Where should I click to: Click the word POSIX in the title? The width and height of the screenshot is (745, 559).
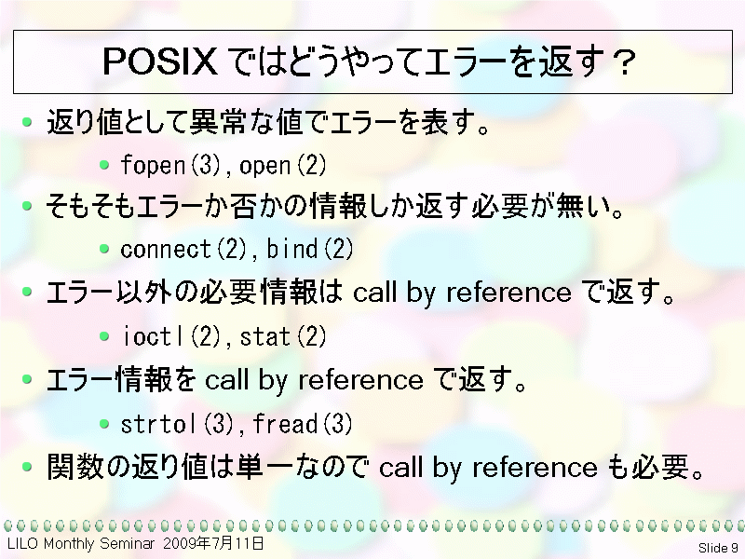[x=159, y=61]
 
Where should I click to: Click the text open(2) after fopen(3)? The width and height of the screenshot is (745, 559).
[x=283, y=166]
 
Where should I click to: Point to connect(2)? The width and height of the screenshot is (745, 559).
[x=183, y=249]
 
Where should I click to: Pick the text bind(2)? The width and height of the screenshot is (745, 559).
[x=310, y=249]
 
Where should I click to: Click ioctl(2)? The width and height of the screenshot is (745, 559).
[x=171, y=336]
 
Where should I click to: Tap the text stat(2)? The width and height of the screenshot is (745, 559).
[x=283, y=336]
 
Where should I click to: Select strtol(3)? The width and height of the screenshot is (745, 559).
[x=178, y=424]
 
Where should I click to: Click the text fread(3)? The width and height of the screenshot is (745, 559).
[x=303, y=424]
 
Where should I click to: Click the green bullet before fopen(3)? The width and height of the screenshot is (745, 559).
[x=104, y=165]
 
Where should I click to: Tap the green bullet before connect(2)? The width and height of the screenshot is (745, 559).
[x=104, y=249]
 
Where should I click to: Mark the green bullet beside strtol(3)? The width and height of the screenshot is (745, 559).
[x=104, y=423]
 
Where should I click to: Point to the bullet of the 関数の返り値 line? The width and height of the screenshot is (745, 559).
[x=28, y=467]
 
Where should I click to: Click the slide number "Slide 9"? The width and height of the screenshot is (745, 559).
[x=718, y=548]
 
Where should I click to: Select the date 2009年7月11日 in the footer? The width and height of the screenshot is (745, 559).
[x=213, y=543]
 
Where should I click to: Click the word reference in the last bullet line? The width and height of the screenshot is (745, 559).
[x=535, y=468]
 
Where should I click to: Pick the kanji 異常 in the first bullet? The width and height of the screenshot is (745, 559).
[x=218, y=122]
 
